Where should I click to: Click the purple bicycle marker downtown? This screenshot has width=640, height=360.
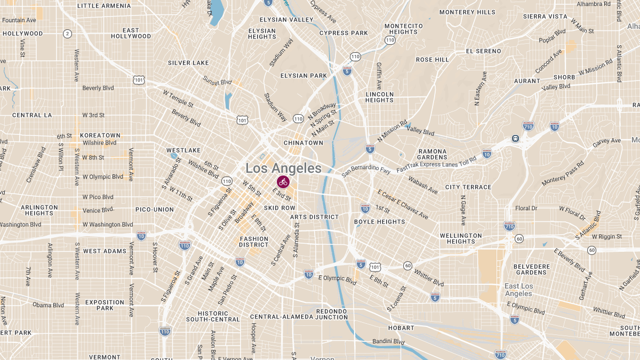(283, 182)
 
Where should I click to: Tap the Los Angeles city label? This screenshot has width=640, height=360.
(283, 169)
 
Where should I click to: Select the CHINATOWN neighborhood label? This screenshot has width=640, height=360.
(303, 143)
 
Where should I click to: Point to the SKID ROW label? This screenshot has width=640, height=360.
(279, 207)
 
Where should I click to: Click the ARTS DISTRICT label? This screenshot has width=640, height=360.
(314, 217)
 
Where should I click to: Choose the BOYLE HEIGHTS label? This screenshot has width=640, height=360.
(380, 222)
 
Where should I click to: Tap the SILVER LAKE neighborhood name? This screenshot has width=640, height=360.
(188, 63)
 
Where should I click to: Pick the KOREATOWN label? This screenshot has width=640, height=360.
(100, 135)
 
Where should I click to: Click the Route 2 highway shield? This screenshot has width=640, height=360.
(67, 34)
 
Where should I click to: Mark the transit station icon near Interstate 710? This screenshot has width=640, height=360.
(516, 138)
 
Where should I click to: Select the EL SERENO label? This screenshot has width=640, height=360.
(483, 51)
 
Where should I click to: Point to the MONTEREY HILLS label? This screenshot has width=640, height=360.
(467, 12)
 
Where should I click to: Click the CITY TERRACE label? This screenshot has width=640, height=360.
(468, 187)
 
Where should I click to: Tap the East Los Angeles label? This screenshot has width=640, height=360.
(518, 290)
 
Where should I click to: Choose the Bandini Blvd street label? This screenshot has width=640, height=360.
(388, 341)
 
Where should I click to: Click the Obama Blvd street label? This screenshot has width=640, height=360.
(48, 306)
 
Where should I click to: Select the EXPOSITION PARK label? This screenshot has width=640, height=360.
(105, 305)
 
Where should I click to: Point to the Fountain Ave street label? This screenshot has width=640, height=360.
(19, 20)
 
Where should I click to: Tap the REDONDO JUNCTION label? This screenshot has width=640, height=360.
(332, 314)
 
